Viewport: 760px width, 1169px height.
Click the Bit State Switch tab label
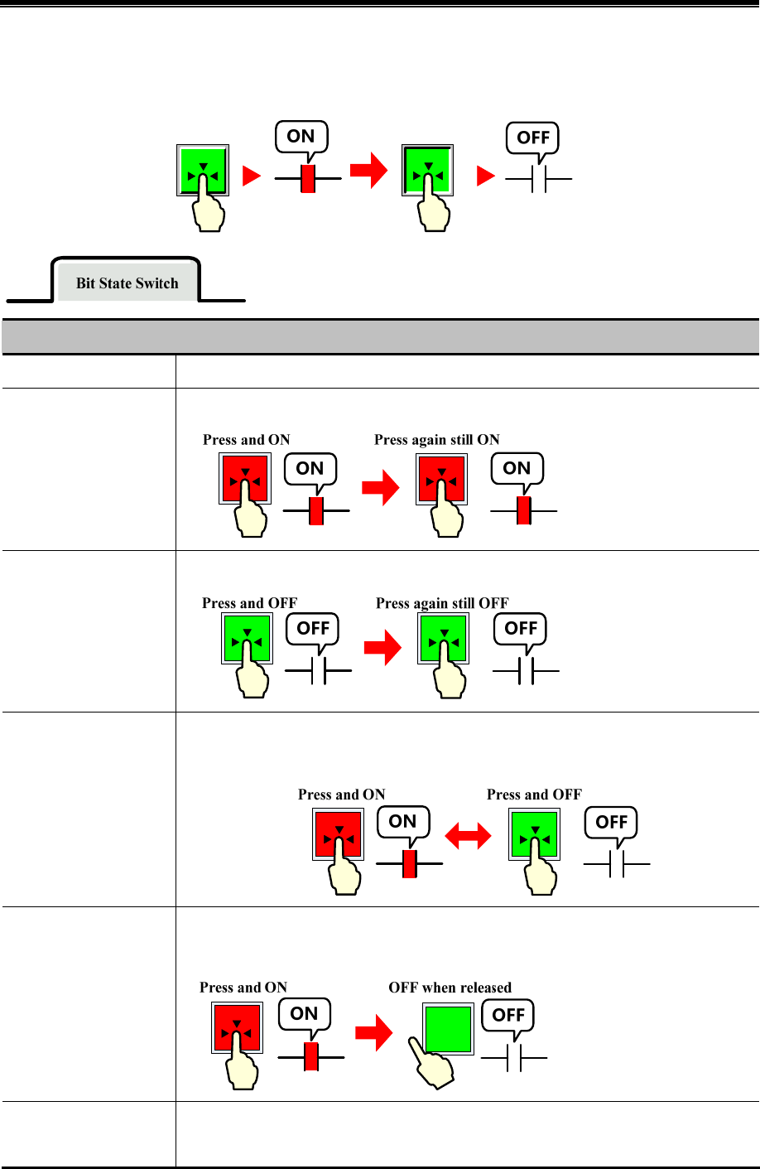(127, 283)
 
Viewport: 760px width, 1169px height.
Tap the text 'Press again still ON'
(436, 440)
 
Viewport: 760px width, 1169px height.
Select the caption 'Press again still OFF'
(442, 603)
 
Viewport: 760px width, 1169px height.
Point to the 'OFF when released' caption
(450, 988)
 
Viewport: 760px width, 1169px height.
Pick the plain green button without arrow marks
(448, 1028)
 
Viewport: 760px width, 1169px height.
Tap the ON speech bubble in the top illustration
(301, 137)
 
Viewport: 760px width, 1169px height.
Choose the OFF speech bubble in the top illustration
(533, 138)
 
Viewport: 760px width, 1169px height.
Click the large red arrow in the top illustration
(368, 171)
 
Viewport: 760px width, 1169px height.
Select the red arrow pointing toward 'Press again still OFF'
(382, 648)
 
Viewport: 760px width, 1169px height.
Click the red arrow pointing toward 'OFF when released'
(373, 1033)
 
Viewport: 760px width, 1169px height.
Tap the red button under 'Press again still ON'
(442, 479)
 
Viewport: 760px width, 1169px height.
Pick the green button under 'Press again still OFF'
(444, 639)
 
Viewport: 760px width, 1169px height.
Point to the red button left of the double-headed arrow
(338, 833)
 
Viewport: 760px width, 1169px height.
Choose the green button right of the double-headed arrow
(534, 834)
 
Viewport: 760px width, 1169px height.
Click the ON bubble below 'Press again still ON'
(517, 469)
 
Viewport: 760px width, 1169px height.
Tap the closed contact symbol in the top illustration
(308, 178)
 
